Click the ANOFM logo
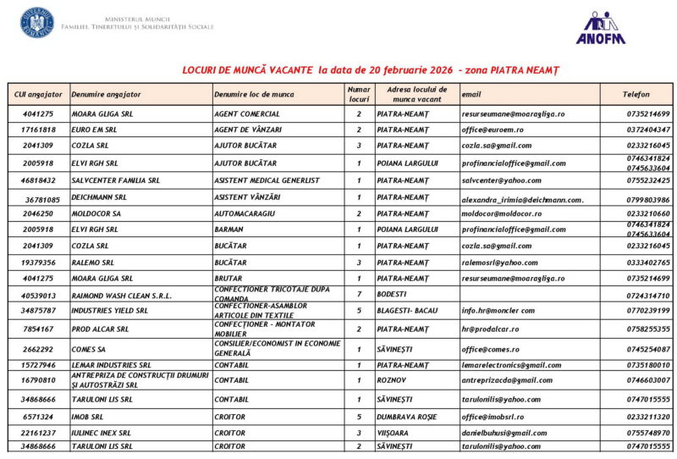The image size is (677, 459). pos(602,27)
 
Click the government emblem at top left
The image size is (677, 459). pos(36,23)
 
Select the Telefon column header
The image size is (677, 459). pos(636,94)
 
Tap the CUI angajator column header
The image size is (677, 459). pos(37,94)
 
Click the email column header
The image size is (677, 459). pos(471,94)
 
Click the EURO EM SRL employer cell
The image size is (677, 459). pos(92,130)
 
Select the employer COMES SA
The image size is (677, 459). pos(89,348)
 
